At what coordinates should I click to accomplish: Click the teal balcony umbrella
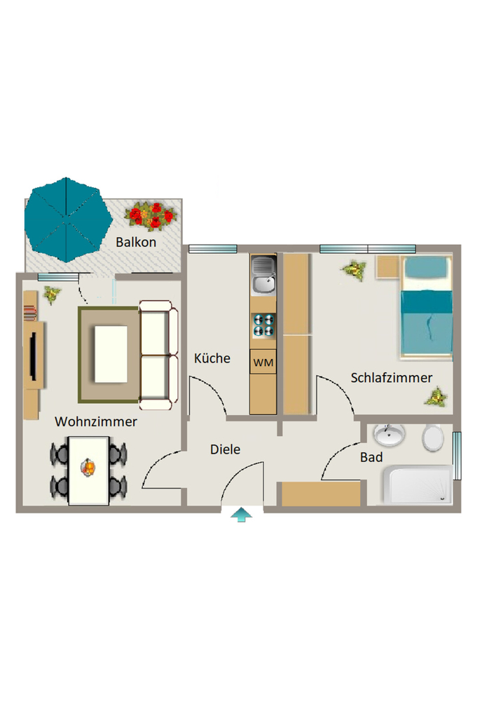pyautogui.click(x=68, y=219)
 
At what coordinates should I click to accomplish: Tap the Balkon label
pyautogui.click(x=136, y=242)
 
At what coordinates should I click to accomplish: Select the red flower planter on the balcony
pyautogui.click(x=150, y=215)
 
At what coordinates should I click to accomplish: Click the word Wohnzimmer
pyautogui.click(x=96, y=421)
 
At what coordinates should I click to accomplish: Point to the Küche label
pyautogui.click(x=212, y=358)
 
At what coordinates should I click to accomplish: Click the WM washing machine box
pyautogui.click(x=263, y=363)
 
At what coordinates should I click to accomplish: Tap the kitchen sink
pyautogui.click(x=263, y=275)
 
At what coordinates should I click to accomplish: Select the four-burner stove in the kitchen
pyautogui.click(x=263, y=325)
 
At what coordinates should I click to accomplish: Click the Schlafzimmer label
pyautogui.click(x=392, y=378)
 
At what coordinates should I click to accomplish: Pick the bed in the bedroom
pyautogui.click(x=427, y=307)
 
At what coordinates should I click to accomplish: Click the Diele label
pyautogui.click(x=225, y=449)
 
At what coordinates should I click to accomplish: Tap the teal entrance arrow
pyautogui.click(x=241, y=515)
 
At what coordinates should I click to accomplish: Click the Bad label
pyautogui.click(x=371, y=457)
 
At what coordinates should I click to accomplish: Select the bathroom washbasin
pyautogui.click(x=389, y=435)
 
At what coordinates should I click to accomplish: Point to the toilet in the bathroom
pyautogui.click(x=432, y=438)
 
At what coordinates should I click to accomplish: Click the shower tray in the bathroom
pyautogui.click(x=418, y=485)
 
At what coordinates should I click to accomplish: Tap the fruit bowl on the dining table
pyautogui.click(x=88, y=467)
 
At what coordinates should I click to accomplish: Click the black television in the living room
pyautogui.click(x=34, y=355)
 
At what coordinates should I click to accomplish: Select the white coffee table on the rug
pyautogui.click(x=111, y=354)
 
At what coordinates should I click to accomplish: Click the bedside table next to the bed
pyautogui.click(x=387, y=267)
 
